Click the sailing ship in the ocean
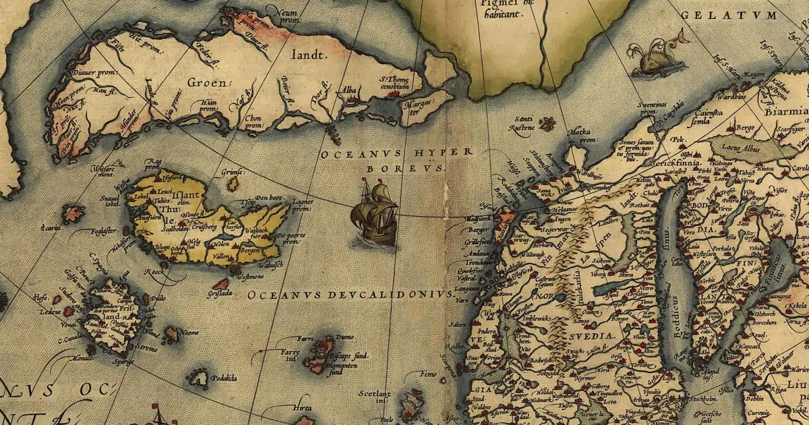pos(373,215)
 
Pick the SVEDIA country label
pos(593,335)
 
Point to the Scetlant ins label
pos(374,397)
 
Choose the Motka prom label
pos(584,134)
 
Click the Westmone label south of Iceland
pos(249,277)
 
